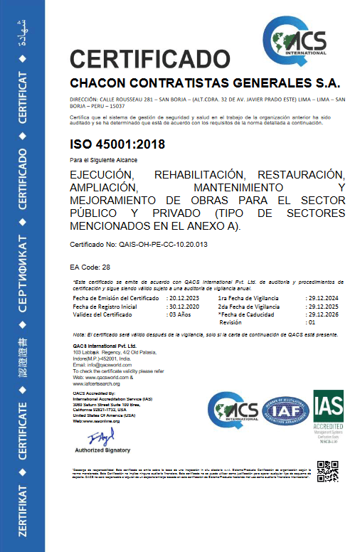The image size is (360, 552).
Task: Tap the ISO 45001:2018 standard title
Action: pos(117,144)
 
